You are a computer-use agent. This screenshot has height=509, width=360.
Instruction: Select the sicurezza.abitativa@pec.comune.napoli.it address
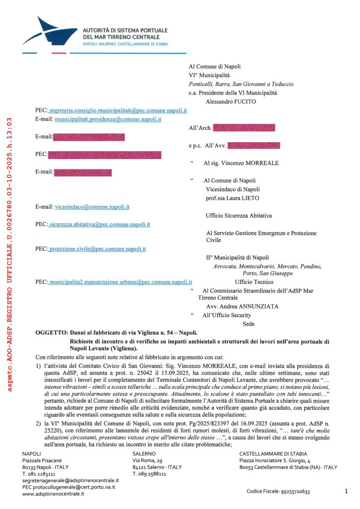click(100, 225)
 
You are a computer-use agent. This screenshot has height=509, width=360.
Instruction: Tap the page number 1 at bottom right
click(346, 491)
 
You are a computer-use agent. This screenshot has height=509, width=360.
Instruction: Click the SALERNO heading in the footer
click(144, 454)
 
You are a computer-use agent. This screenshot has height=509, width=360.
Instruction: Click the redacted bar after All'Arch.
click(244, 128)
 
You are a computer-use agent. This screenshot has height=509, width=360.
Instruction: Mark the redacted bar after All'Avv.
click(254, 146)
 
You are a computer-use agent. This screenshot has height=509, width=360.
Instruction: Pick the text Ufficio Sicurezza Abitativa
click(239, 216)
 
